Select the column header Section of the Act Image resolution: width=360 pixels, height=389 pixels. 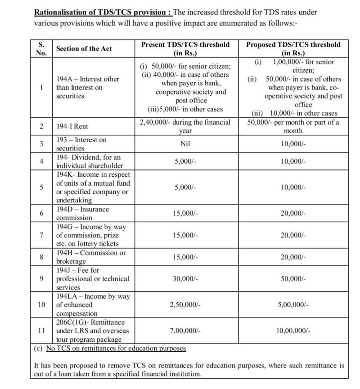click(x=84, y=49)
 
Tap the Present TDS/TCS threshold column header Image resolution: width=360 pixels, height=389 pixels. click(x=185, y=49)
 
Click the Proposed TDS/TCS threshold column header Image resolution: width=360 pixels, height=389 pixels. click(x=293, y=49)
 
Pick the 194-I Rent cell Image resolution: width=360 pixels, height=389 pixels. click(x=72, y=126)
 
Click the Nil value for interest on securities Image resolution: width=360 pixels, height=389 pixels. click(x=185, y=144)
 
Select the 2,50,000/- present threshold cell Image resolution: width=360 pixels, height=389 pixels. click(x=185, y=305)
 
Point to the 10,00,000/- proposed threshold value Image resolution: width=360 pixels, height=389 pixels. click(x=293, y=331)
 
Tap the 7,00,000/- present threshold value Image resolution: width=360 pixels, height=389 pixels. click(x=185, y=331)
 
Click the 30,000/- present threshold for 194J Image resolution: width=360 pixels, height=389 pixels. click(x=185, y=279)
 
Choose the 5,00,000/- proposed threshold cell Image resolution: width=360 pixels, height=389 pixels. click(x=293, y=305)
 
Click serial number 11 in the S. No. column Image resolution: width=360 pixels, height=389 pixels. click(x=41, y=331)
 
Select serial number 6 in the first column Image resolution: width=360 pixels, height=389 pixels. click(x=41, y=214)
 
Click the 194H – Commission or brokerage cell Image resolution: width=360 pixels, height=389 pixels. click(x=90, y=257)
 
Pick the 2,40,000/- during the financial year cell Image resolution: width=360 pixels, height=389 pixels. click(x=185, y=126)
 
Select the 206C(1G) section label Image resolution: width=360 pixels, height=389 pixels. click(x=90, y=322)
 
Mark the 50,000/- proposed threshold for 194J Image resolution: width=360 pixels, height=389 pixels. click(x=293, y=279)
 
